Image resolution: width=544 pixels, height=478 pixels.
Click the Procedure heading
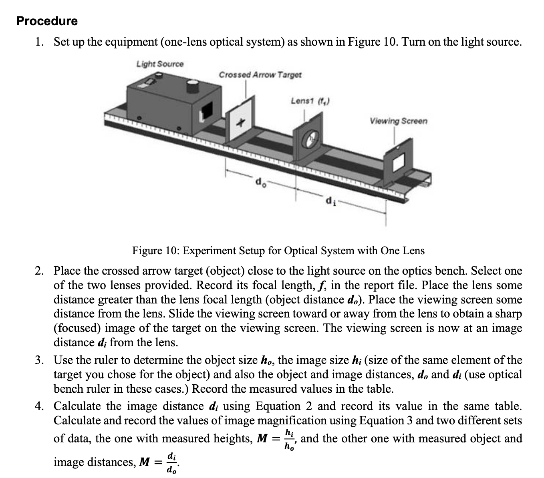(47, 21)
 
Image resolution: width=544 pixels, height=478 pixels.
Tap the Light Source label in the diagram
(160, 64)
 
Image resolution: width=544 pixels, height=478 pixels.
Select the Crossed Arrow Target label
(260, 75)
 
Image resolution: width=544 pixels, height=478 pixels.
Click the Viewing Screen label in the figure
(398, 121)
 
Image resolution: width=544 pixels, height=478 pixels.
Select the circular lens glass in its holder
(311, 139)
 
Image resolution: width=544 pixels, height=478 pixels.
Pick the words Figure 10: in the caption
(156, 251)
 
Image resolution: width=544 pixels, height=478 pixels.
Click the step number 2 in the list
(38, 271)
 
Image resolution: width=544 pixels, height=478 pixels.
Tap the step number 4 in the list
(38, 406)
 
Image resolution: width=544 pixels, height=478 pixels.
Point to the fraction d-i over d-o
(171, 463)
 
